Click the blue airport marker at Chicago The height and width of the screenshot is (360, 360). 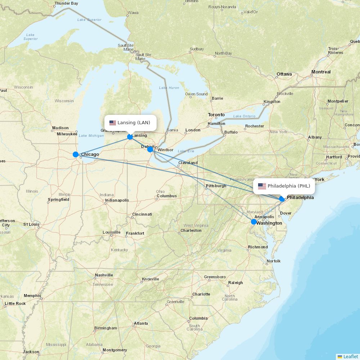[x=76, y=154]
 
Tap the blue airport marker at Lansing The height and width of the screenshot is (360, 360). [x=130, y=137]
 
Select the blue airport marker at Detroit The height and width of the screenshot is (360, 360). [x=150, y=149]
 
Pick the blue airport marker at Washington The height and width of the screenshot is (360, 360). [x=254, y=222]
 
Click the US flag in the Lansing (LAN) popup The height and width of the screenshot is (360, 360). [x=113, y=123]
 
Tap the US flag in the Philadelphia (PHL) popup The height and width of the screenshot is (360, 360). [x=262, y=186]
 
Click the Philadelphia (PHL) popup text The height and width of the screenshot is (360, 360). [x=289, y=186]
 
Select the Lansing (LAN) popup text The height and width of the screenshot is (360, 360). [x=134, y=123]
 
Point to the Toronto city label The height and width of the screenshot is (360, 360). [x=216, y=115]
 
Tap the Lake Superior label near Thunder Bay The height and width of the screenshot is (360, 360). [x=89, y=19]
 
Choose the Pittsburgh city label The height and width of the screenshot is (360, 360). [x=216, y=186]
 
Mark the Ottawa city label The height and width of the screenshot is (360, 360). [x=284, y=74]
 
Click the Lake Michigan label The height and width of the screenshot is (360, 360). [x=91, y=136]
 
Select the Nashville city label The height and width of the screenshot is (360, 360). [x=104, y=275]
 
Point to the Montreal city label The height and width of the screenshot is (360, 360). [x=321, y=72]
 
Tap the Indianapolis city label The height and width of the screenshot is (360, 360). [x=117, y=200]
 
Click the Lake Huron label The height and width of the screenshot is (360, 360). [x=169, y=88]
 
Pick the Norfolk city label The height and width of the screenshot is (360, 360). [x=273, y=261]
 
